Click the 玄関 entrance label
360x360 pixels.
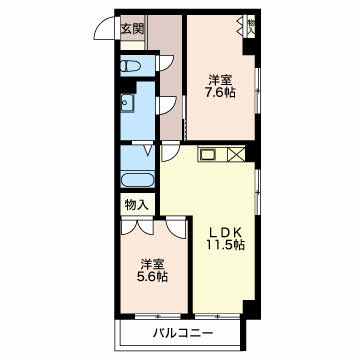click(x=132, y=29)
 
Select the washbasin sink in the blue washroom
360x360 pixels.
click(x=128, y=104)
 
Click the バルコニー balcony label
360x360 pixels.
click(x=181, y=332)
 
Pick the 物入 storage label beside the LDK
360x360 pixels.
click(x=137, y=205)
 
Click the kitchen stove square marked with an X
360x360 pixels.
click(x=237, y=155)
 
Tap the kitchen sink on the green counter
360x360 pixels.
click(x=209, y=155)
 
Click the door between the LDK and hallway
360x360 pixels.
click(x=170, y=151)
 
